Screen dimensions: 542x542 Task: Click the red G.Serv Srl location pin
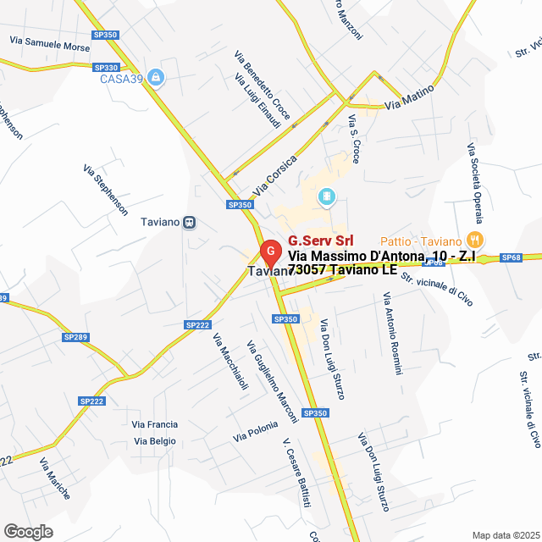pyautogui.click(x=269, y=252)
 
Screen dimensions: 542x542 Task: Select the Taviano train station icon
pyautogui.click(x=190, y=223)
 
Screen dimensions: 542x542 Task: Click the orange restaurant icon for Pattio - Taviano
pyautogui.click(x=474, y=241)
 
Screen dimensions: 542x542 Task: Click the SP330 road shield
pyautogui.click(x=107, y=68)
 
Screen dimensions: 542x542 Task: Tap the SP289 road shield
pyautogui.click(x=75, y=337)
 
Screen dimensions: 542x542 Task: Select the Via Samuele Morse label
pyautogui.click(x=49, y=42)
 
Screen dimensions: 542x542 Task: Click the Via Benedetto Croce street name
pyautogui.click(x=263, y=85)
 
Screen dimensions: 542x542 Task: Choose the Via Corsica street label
pyautogui.click(x=275, y=173)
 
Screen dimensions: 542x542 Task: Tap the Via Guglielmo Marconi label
pyautogui.click(x=272, y=382)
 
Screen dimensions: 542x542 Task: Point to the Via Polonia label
pyautogui.click(x=256, y=431)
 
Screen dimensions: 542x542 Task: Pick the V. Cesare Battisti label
pyautogui.click(x=297, y=473)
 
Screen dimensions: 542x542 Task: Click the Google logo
pyautogui.click(x=27, y=532)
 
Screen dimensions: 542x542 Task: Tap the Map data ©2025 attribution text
pyautogui.click(x=506, y=534)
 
